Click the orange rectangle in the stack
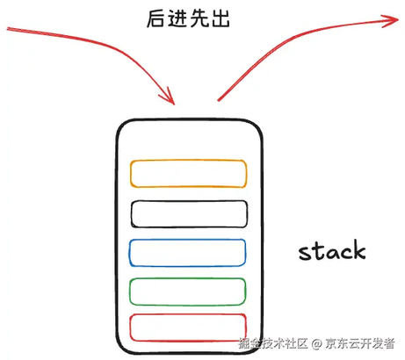[188, 161]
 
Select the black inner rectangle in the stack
[189, 201]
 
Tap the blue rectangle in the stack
[187, 240]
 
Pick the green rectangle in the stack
[187, 279]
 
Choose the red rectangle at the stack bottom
[188, 314]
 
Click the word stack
[332, 250]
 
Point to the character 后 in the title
[155, 18]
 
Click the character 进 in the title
[177, 18]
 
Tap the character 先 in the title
[199, 18]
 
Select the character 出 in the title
[220, 18]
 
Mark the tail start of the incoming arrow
[7, 29]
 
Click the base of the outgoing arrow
[218, 101]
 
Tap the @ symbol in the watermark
[316, 343]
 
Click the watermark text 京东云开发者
[360, 343]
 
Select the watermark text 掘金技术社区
[273, 343]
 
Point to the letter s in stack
[305, 254]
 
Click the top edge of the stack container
[189, 119]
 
